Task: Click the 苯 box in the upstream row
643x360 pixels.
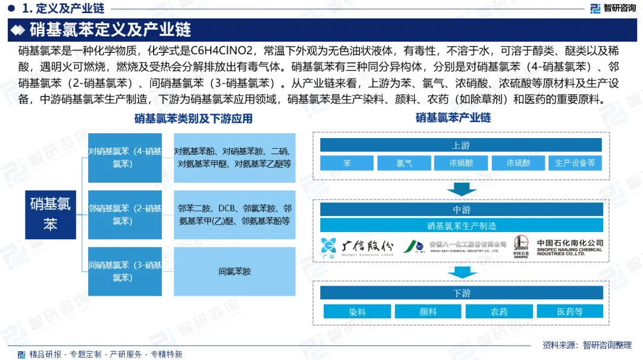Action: click(347, 163)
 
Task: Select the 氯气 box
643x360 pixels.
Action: click(404, 163)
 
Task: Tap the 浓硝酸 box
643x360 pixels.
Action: click(461, 163)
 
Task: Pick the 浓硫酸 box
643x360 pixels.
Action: click(518, 163)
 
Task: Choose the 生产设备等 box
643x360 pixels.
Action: click(575, 163)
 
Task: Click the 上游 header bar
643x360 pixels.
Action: click(461, 146)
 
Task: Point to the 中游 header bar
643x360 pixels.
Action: click(461, 209)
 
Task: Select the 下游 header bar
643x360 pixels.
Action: click(461, 293)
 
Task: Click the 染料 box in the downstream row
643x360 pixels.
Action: click(357, 311)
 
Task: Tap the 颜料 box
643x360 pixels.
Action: click(428, 311)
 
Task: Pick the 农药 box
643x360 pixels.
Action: click(499, 311)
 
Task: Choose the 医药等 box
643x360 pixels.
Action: click(570, 311)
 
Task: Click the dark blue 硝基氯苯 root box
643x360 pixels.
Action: click(51, 215)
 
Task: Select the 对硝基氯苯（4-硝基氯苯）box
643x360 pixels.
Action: click(125, 158)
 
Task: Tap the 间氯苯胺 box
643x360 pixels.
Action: click(235, 271)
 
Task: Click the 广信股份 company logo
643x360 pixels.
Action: click(357, 246)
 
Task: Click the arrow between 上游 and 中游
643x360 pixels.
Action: click(461, 189)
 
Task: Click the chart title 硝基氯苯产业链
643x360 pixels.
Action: click(453, 118)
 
